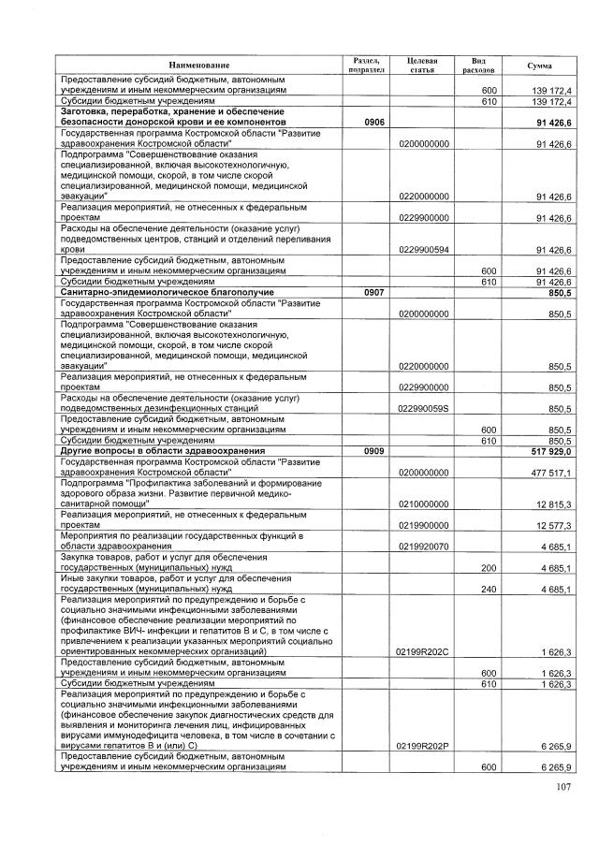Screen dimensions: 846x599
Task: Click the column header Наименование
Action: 198,65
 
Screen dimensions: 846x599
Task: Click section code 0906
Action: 363,123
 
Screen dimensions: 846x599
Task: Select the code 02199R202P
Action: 423,746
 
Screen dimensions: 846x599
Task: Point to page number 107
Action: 560,797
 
